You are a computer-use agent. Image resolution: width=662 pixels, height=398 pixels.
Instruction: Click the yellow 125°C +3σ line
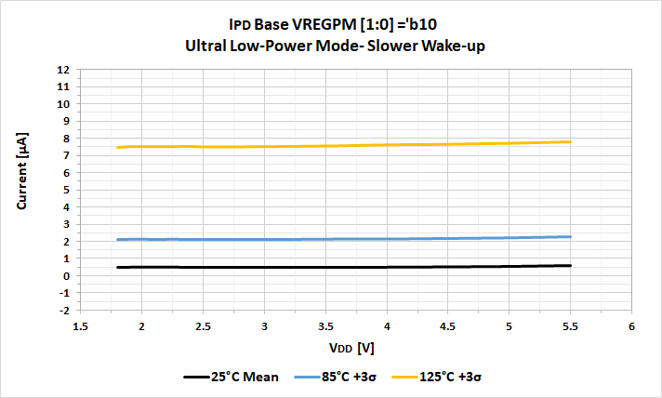(325, 146)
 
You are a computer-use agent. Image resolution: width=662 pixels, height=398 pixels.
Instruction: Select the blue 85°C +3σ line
(325, 239)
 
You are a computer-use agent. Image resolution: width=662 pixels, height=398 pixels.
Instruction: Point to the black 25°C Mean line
(325, 267)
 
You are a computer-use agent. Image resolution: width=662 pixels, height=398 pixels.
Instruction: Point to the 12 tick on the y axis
(63, 70)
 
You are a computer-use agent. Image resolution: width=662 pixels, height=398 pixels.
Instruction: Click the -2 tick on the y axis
(63, 311)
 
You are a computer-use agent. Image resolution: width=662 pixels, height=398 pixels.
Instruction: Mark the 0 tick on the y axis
(65, 276)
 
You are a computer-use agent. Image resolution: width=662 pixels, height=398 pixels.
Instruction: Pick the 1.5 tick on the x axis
(81, 326)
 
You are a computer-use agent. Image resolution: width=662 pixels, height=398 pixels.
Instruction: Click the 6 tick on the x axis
(631, 326)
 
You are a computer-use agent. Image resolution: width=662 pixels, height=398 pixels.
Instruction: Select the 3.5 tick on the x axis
(325, 326)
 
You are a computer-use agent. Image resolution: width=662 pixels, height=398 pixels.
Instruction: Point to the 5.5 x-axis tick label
(570, 326)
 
